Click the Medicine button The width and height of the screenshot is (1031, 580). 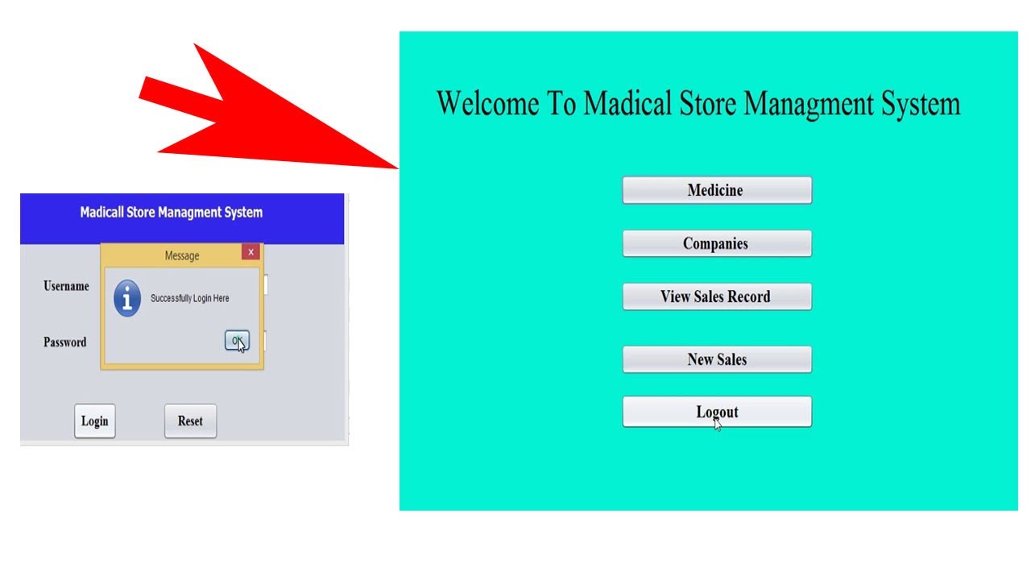716,191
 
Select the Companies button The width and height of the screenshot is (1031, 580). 716,244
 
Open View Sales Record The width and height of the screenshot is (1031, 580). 716,297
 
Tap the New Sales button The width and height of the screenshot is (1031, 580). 716,360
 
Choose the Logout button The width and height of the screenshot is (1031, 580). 716,412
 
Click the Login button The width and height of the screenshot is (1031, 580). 95,421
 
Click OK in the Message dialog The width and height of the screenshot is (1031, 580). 237,341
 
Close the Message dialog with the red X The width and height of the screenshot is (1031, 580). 251,252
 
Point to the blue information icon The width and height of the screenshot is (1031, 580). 127,299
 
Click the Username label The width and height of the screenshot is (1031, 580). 66,286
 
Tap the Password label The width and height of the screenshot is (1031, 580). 64,342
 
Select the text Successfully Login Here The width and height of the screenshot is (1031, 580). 190,299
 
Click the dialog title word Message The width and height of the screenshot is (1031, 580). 182,256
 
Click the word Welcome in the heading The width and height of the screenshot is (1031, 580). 487,104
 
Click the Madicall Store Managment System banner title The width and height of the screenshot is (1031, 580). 172,213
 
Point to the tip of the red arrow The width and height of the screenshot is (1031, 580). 398,168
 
